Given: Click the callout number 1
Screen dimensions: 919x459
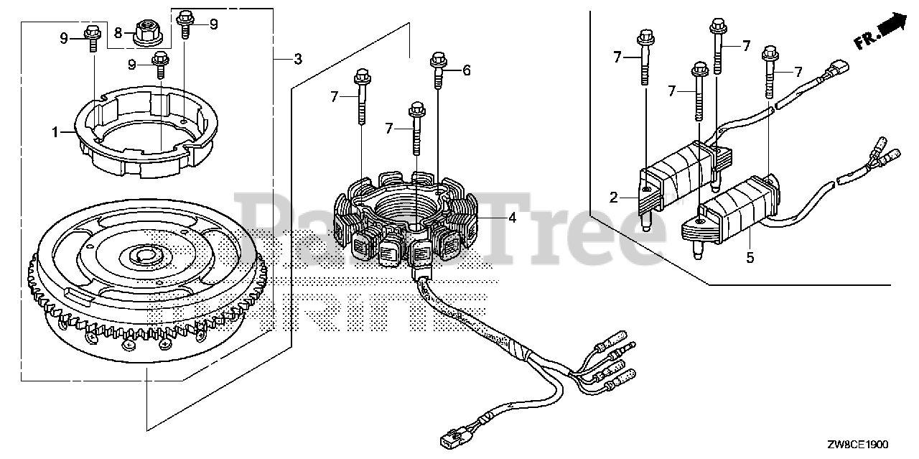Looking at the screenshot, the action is pyautogui.click(x=55, y=132).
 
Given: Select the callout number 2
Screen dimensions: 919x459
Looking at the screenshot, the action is pyautogui.click(x=614, y=198).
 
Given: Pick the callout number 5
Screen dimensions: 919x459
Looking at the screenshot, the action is pyautogui.click(x=750, y=257).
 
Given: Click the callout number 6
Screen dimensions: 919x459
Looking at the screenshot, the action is pyautogui.click(x=466, y=70).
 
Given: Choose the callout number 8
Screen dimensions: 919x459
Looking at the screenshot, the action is pyautogui.click(x=118, y=31).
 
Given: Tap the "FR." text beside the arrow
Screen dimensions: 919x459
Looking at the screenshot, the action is pyautogui.click(x=866, y=40).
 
